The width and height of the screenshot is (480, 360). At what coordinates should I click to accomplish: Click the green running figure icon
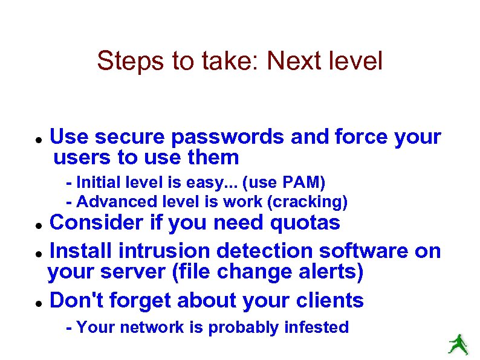pyautogui.click(x=457, y=344)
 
